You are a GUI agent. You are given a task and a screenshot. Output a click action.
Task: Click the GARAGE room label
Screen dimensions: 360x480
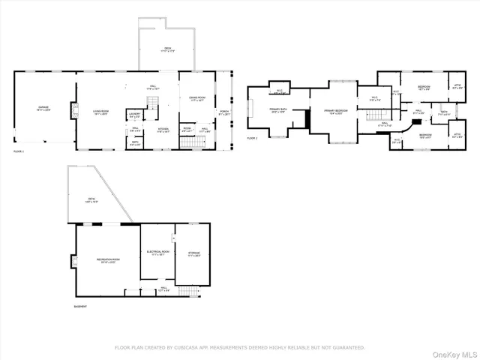[x=44, y=108]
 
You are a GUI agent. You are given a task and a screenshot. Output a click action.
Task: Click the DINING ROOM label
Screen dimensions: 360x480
[x=196, y=98]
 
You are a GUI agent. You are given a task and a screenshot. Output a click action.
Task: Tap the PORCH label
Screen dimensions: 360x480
[x=223, y=112]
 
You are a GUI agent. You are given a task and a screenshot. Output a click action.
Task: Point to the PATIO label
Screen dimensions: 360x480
[x=91, y=199]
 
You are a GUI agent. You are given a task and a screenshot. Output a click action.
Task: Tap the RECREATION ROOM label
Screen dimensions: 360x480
[x=108, y=260]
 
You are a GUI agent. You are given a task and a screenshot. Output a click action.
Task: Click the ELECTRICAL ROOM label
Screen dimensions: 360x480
[x=157, y=253]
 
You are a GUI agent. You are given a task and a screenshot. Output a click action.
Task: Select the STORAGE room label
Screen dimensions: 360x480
[x=193, y=254]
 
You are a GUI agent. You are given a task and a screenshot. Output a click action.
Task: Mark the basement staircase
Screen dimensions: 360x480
[x=193, y=290]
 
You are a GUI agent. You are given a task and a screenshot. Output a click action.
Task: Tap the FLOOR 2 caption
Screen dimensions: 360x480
[x=253, y=139]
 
